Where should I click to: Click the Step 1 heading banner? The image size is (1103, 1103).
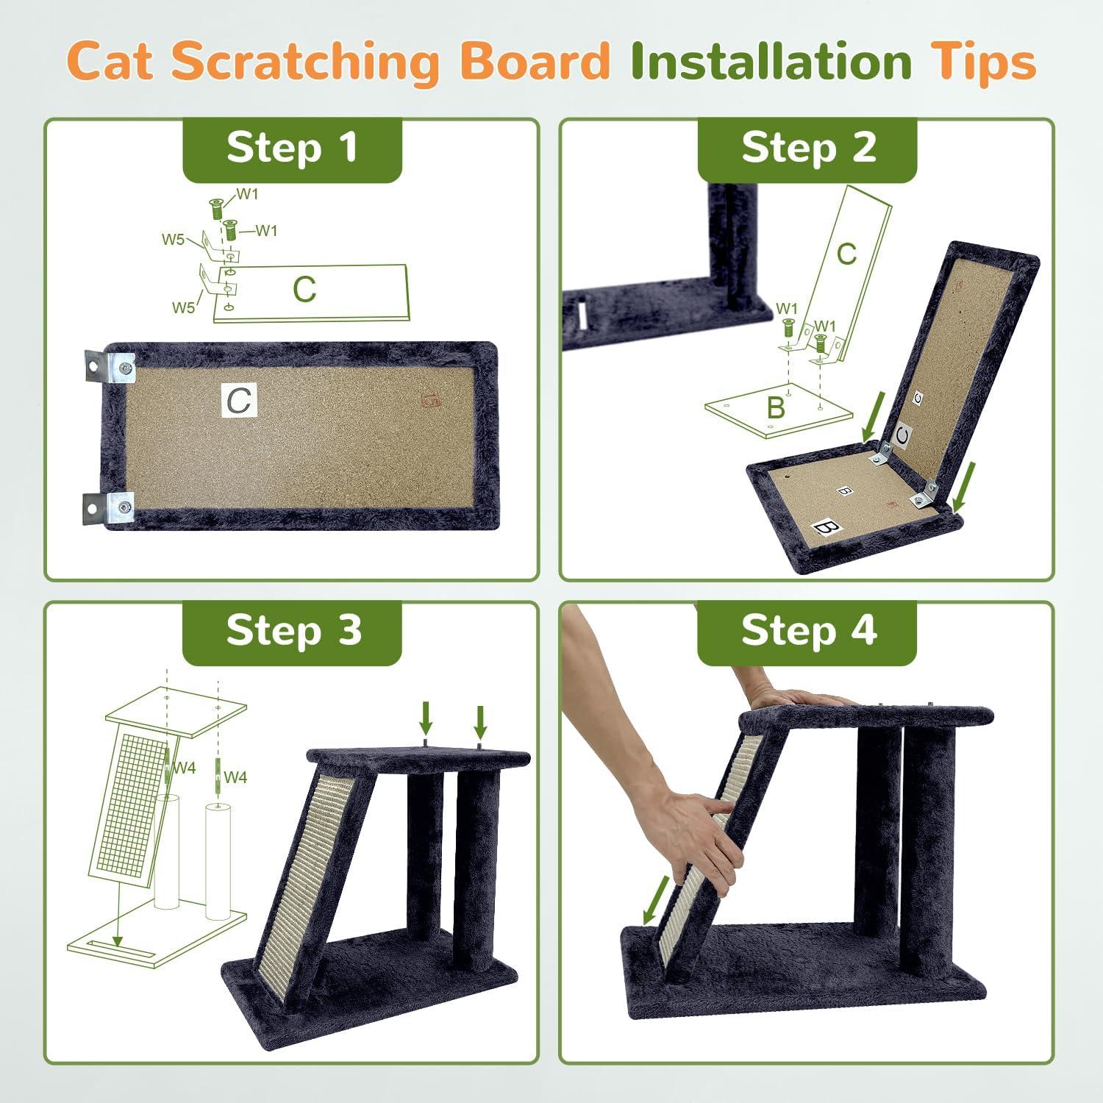(x=292, y=149)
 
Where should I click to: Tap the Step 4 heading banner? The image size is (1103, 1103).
(x=807, y=631)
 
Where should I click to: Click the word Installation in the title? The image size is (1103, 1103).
(x=771, y=62)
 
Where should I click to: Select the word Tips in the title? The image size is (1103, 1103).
(x=985, y=62)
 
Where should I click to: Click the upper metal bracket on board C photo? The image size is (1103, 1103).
(x=110, y=366)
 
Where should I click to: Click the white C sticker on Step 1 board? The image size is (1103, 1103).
(x=239, y=401)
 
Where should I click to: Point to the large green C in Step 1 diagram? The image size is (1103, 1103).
(x=304, y=290)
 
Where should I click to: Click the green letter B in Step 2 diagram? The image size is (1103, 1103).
(x=775, y=407)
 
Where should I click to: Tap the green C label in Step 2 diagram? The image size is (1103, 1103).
(x=846, y=254)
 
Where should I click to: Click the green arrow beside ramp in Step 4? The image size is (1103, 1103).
(x=658, y=899)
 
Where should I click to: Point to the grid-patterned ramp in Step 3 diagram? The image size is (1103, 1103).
(x=129, y=802)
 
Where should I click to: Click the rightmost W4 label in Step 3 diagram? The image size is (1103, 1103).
(x=235, y=777)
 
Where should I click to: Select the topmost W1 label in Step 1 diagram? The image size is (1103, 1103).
(x=247, y=194)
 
